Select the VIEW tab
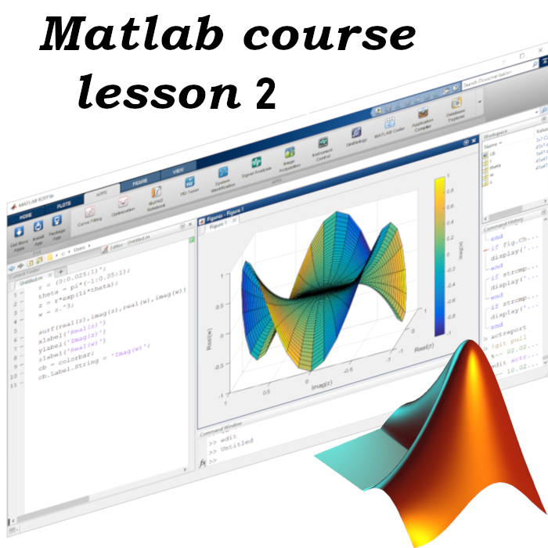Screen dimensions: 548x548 coord(178,170)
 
